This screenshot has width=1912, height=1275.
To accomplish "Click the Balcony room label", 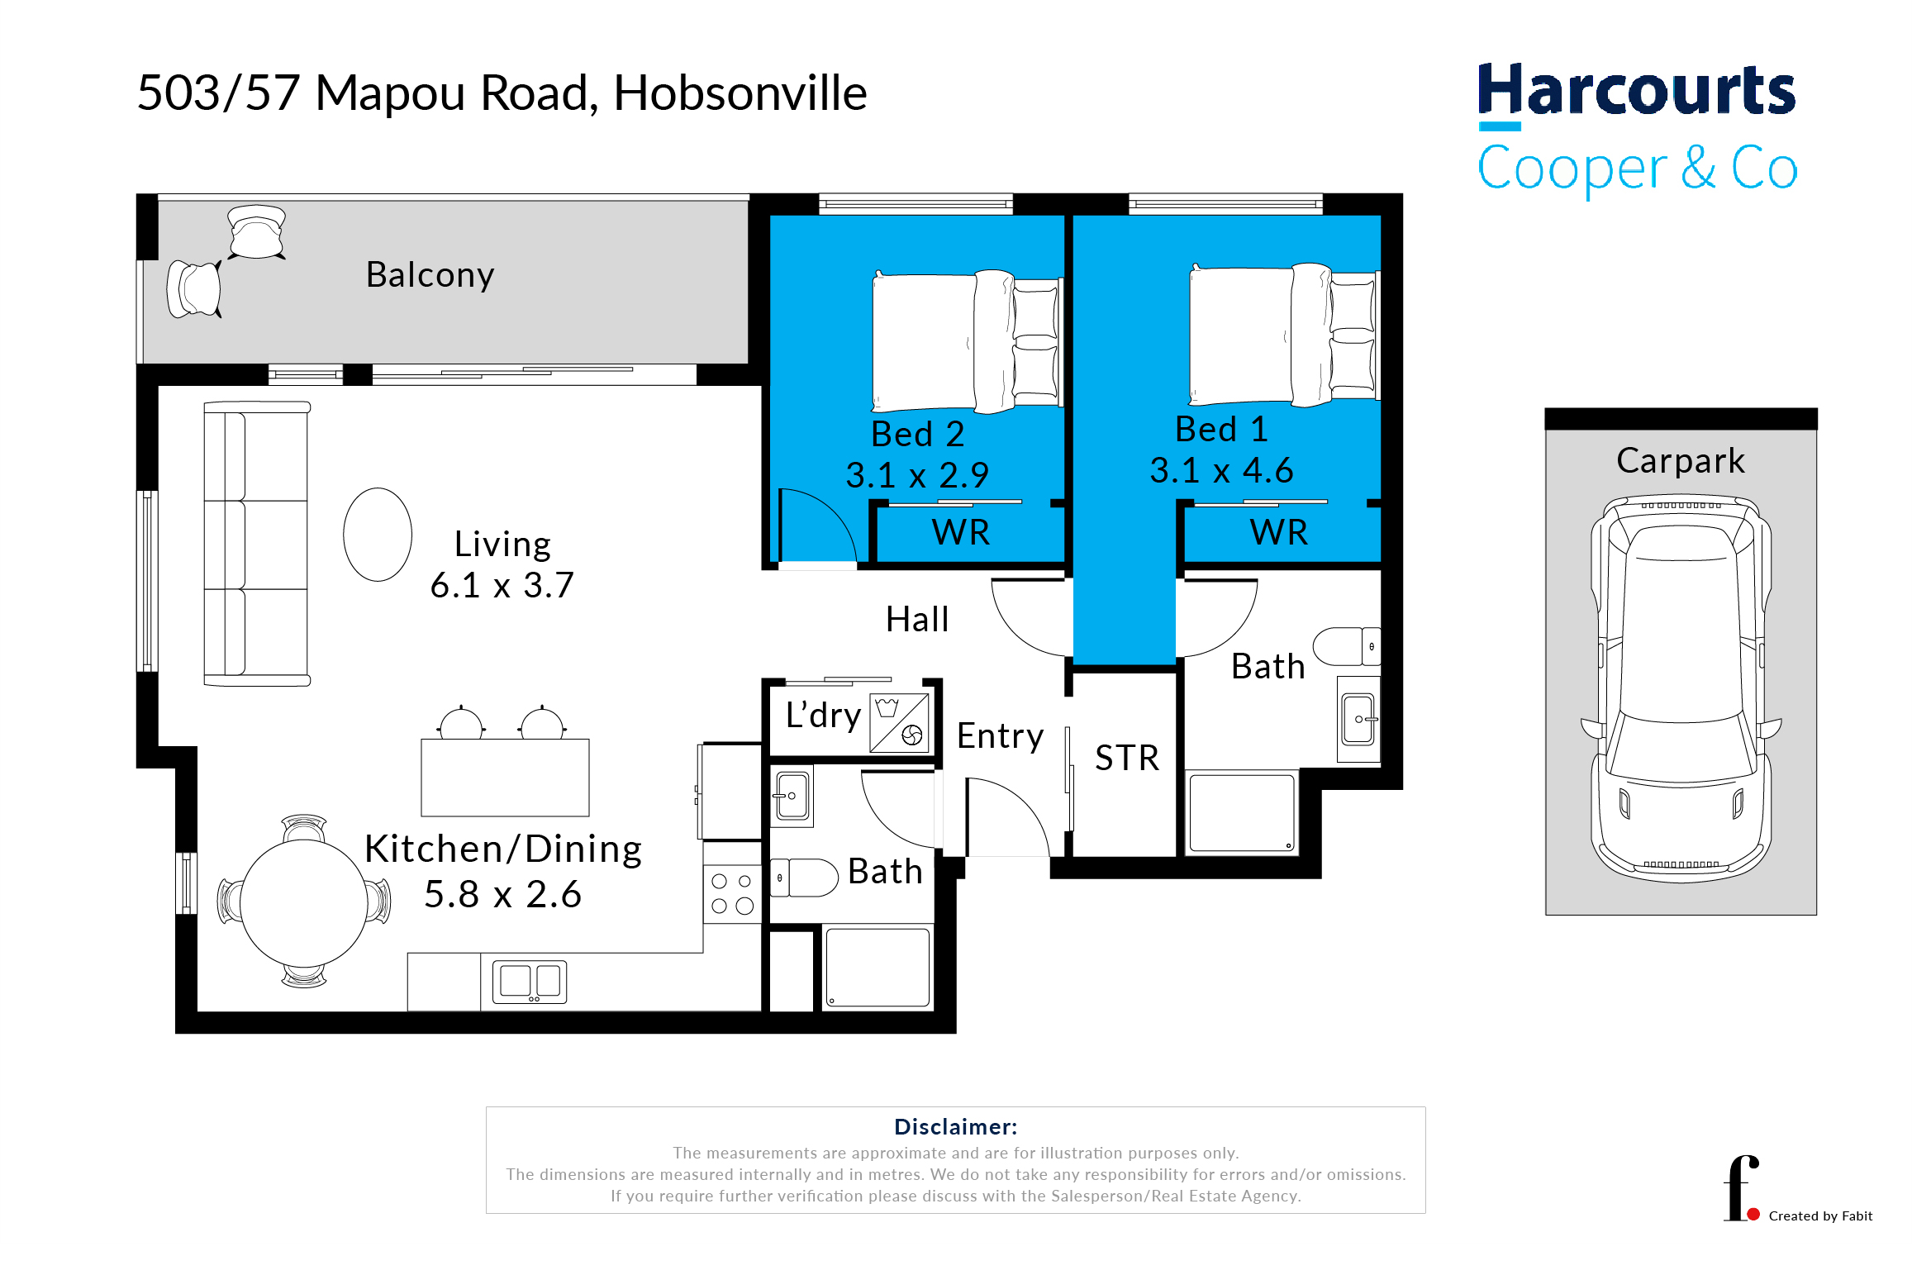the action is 430,275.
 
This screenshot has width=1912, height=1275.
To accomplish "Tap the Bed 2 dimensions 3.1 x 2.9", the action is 917,475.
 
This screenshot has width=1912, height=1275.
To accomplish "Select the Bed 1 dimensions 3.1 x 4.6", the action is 1221,470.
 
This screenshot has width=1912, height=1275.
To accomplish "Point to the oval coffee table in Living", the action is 378,535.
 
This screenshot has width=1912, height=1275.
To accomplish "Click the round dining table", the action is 304,902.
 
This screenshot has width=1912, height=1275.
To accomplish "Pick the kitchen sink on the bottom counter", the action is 530,982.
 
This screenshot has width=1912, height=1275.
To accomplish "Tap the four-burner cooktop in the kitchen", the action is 732,894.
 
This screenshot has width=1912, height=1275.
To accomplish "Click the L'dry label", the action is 823,716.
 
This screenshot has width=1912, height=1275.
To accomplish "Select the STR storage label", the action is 1127,758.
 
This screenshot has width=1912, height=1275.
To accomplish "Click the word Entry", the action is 1000,736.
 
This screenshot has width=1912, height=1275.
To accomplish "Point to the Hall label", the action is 917,619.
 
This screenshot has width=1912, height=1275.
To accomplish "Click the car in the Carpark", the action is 1681,688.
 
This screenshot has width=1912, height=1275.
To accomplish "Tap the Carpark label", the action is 1681,461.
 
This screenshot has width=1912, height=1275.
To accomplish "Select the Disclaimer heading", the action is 956,1127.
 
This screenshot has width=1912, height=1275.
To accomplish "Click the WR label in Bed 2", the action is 961,532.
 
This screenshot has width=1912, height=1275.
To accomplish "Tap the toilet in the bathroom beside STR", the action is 1347,646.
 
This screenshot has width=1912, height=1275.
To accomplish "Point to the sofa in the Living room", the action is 257,544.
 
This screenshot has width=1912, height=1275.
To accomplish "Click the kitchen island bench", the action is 505,778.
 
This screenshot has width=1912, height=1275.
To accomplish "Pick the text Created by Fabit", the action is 1820,1216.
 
